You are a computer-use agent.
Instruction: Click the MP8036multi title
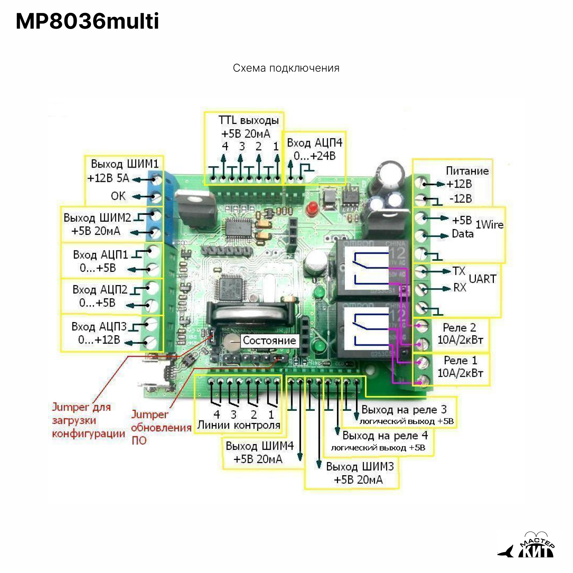[x=87, y=21]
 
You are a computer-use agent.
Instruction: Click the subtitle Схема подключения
[x=286, y=68]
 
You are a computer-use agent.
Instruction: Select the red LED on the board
[x=312, y=208]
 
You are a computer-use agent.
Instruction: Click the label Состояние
[x=269, y=340]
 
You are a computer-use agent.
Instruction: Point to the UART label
[x=482, y=279]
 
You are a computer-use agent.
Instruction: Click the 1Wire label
[x=489, y=225]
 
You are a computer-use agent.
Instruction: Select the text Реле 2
[x=459, y=327]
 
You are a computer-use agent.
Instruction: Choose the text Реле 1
[x=460, y=360]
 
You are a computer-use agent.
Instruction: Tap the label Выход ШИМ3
[x=360, y=466]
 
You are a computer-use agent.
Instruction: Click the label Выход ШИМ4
[x=259, y=446]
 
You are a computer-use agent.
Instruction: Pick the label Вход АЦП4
[x=314, y=143]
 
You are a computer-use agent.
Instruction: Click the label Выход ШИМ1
[x=124, y=164]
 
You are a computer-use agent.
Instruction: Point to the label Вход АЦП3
[x=99, y=326]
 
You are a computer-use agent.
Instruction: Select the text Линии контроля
[x=239, y=425]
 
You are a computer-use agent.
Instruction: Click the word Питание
[x=467, y=171]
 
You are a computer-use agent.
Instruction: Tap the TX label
[x=458, y=271]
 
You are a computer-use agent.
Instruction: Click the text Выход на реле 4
[x=385, y=435]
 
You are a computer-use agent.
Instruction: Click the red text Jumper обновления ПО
[x=160, y=427]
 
